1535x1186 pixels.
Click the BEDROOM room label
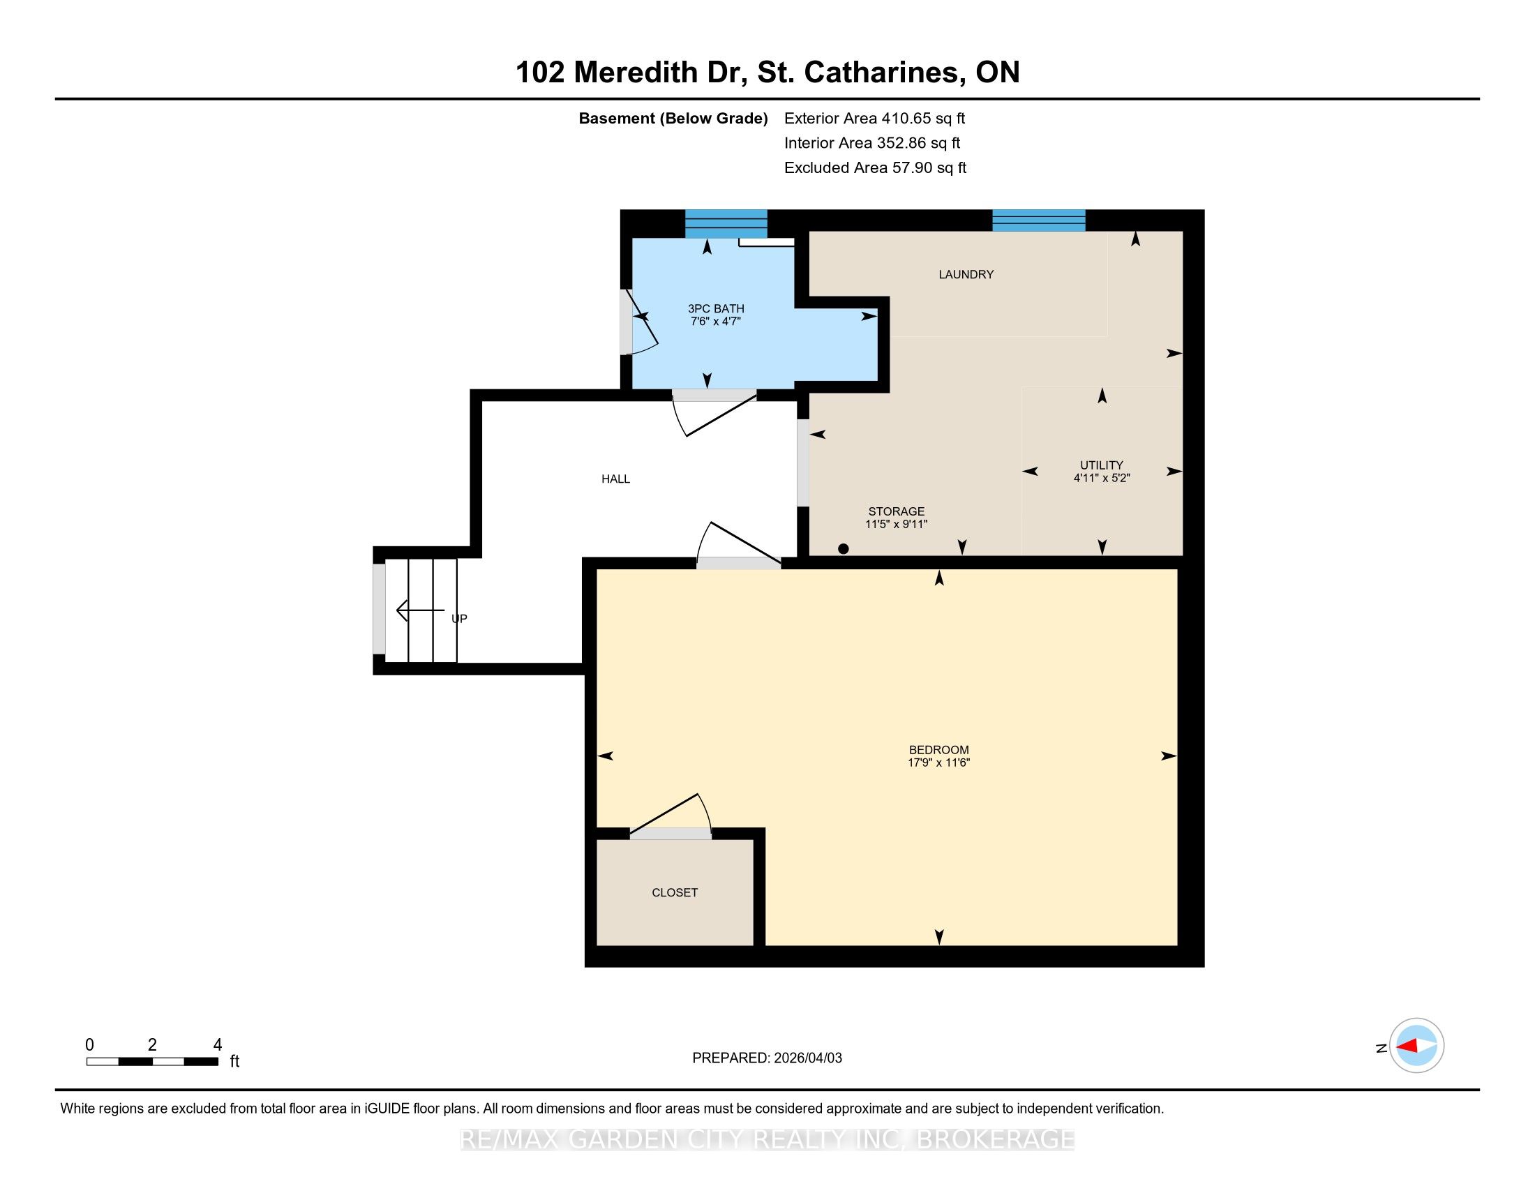pyautogui.click(x=938, y=750)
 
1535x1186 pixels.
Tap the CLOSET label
pyautogui.click(x=675, y=892)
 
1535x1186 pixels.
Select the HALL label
pyautogui.click(x=615, y=479)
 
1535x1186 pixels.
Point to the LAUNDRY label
pyautogui.click(x=966, y=274)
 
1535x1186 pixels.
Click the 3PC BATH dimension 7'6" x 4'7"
pyautogui.click(x=715, y=321)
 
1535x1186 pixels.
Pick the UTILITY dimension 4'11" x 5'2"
pyautogui.click(x=1101, y=478)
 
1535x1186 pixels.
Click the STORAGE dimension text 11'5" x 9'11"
pyautogui.click(x=896, y=524)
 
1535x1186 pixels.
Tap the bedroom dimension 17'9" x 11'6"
pyautogui.click(x=938, y=763)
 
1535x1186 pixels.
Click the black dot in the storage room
pyautogui.click(x=844, y=549)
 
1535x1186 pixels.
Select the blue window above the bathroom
pyautogui.click(x=726, y=223)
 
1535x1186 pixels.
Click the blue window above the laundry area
pyautogui.click(x=1039, y=220)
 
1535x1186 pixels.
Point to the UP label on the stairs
pyautogui.click(x=459, y=618)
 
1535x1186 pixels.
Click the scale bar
pyautogui.click(x=153, y=1062)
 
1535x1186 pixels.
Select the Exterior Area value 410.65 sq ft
pyautogui.click(x=924, y=118)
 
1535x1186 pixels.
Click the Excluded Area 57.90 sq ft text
pyautogui.click(x=875, y=167)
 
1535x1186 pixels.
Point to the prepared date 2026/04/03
pyautogui.click(x=807, y=1058)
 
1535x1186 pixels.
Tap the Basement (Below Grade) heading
pyautogui.click(x=673, y=119)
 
